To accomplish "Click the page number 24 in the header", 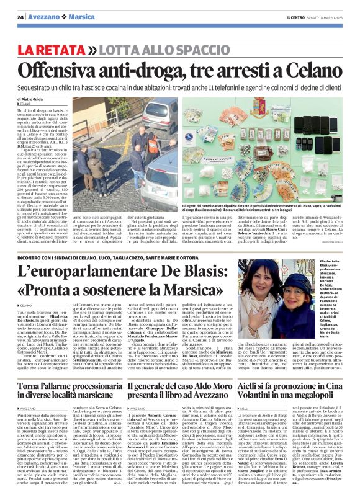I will click(x=20, y=16).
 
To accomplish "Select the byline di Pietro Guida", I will click(x=31, y=99).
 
